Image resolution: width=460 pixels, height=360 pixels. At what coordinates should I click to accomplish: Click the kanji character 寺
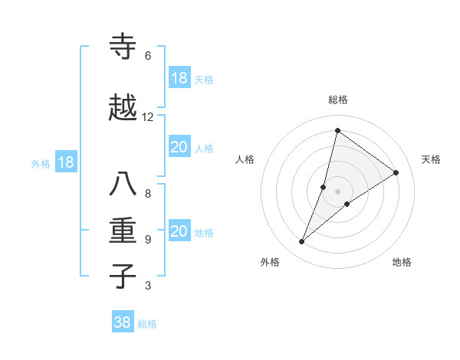coord(124,47)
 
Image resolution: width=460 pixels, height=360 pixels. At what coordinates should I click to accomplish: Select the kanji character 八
coord(124,185)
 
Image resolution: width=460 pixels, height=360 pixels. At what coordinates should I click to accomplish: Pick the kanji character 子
coord(124,277)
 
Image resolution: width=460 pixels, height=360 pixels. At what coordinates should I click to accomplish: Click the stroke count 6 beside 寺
coord(148,56)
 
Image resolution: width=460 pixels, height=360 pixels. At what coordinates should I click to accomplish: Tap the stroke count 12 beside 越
coord(148,117)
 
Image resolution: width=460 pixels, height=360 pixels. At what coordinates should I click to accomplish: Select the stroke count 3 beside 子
coord(148,286)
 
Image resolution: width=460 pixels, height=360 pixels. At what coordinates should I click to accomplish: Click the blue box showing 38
coord(123,322)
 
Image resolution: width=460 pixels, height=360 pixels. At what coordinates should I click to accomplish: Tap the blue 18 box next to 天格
coord(179,78)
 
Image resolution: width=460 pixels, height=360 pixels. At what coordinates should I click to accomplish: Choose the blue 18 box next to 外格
coord(65,162)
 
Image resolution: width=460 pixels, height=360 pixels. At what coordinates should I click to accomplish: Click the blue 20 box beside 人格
coord(179,147)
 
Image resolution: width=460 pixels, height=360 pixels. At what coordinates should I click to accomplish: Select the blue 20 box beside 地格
coord(179,231)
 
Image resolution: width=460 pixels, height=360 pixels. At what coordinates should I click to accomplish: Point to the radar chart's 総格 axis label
coord(338,100)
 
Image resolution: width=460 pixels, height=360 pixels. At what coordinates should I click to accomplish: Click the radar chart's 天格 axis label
coord(431,159)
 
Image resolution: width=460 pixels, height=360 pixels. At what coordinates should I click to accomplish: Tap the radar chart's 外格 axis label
coord(270,262)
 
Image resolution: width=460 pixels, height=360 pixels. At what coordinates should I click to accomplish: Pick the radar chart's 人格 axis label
coord(245,159)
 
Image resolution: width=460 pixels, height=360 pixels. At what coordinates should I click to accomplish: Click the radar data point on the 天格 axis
coord(396,172)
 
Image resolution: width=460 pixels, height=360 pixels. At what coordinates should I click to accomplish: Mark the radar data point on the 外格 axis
coord(302,242)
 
